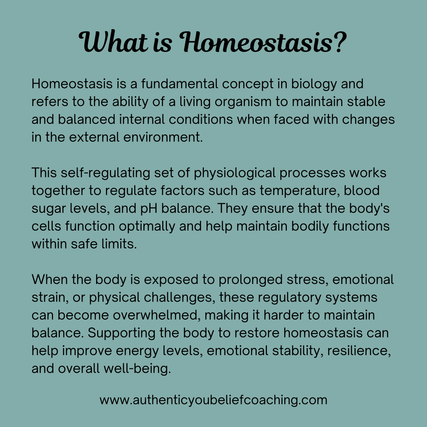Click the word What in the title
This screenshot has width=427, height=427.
[113, 42]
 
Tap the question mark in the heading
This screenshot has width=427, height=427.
[340, 42]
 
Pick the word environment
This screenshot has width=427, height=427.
[163, 137]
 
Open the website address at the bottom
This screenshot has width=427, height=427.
[213, 400]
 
